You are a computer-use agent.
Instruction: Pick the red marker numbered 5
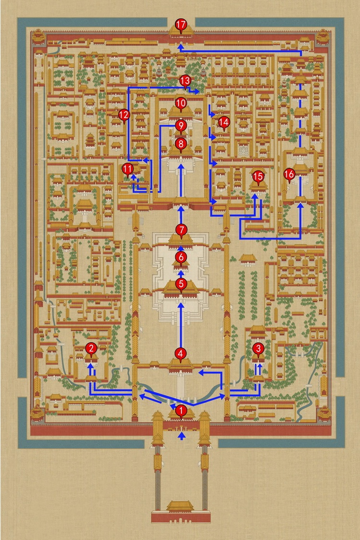[181, 285]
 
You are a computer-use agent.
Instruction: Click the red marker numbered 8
[181, 144]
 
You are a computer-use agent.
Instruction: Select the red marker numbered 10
[181, 103]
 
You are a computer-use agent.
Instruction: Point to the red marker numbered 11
[128, 169]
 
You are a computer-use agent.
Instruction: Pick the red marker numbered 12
[124, 115]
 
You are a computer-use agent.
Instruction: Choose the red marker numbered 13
[185, 81]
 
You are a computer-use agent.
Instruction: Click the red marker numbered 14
[224, 122]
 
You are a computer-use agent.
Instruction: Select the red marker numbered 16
[289, 175]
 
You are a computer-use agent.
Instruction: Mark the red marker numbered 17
[181, 25]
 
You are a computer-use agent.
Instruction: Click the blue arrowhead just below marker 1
[181, 436]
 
